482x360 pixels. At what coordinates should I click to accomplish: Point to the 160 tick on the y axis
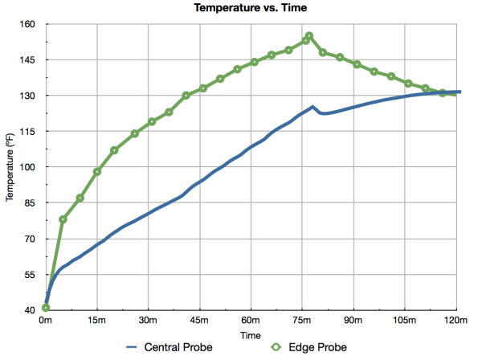coord(29,24)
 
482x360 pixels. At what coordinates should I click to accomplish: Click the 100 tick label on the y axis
coord(29,167)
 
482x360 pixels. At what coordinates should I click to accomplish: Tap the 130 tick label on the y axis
coord(29,96)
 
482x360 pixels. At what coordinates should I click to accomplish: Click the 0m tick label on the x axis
coord(46,320)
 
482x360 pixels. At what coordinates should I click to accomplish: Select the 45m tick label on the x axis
coord(200,320)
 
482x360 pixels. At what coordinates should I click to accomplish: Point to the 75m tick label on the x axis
coord(303,320)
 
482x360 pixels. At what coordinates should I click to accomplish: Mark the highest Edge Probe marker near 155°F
coord(309,36)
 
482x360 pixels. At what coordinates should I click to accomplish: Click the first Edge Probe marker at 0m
coord(46,308)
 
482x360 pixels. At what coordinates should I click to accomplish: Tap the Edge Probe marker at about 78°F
coord(63,219)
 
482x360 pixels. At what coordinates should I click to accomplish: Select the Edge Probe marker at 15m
coord(97,172)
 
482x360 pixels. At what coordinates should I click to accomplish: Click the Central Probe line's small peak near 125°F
coord(312,106)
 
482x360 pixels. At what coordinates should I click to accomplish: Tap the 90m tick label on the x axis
coord(354,320)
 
